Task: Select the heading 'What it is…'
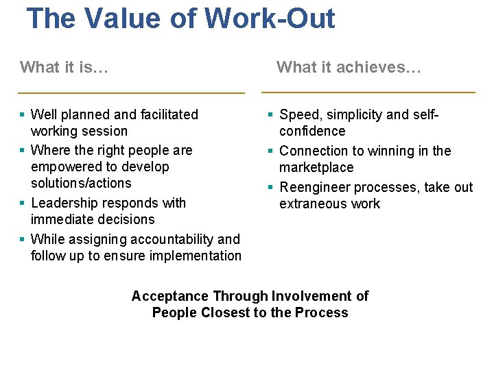click(x=64, y=67)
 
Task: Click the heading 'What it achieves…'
click(x=349, y=67)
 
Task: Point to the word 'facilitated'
click(x=165, y=114)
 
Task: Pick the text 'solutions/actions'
click(x=81, y=183)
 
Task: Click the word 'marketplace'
click(x=316, y=167)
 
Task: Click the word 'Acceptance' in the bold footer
click(x=170, y=296)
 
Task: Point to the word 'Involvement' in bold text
click(x=311, y=296)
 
